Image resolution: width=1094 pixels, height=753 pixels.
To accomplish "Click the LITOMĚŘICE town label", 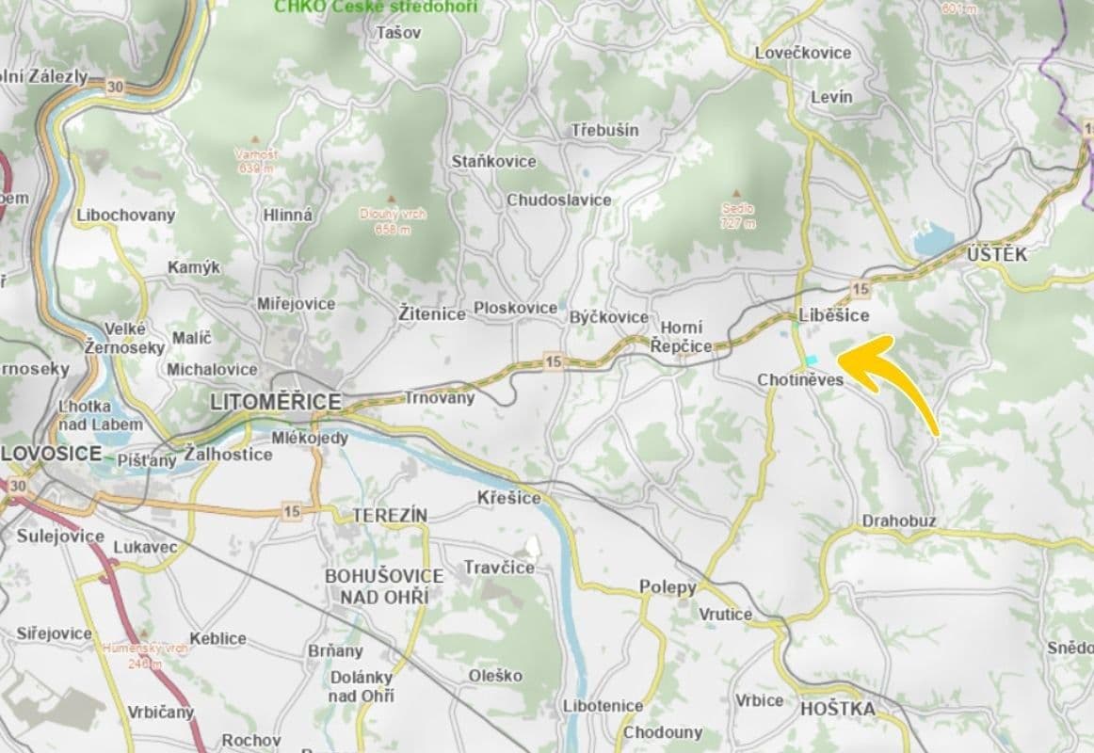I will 275,403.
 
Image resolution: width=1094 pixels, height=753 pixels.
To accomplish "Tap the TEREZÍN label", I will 390,516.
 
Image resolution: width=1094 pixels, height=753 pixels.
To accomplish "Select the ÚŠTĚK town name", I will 996,255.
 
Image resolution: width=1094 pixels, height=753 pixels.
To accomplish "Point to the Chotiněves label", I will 800,379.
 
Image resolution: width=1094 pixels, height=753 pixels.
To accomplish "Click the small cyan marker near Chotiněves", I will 812,360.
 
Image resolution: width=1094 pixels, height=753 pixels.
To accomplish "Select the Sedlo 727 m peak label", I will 737,216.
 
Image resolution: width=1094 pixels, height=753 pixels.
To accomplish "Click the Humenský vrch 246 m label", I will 145,655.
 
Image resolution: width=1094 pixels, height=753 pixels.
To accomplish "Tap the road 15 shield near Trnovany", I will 553,360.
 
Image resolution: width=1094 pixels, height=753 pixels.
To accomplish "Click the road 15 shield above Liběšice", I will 860,288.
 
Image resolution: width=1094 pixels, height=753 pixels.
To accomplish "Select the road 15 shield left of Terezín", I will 292,511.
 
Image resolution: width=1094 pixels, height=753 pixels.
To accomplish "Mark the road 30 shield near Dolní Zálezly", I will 114,86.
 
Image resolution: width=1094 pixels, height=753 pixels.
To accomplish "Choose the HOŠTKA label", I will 837,709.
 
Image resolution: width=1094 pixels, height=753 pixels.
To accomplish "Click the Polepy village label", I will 668,587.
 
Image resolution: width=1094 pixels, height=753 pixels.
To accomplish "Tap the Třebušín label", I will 604,130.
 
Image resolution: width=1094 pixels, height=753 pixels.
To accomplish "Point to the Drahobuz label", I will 899,521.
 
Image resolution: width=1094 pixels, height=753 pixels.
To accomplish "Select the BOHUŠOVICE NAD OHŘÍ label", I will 383,585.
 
